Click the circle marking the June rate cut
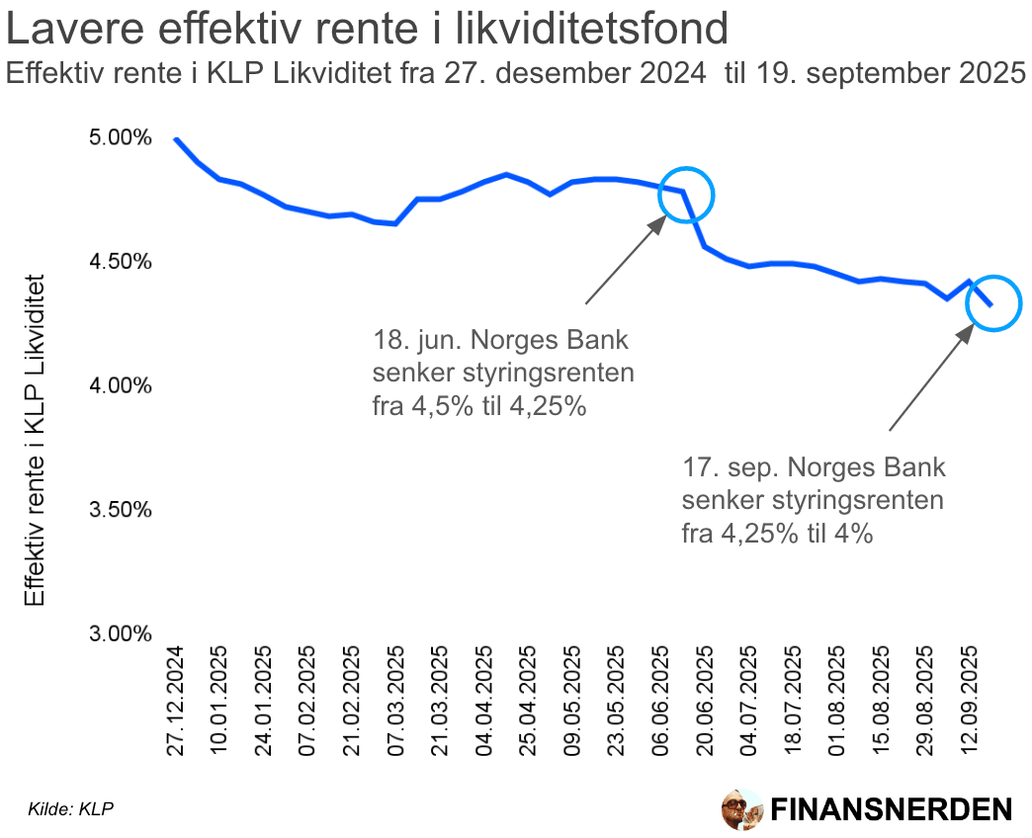coord(685,194)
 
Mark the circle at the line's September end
coord(992,303)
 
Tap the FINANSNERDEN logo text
coord(891,809)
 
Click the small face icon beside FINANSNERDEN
coord(740,809)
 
